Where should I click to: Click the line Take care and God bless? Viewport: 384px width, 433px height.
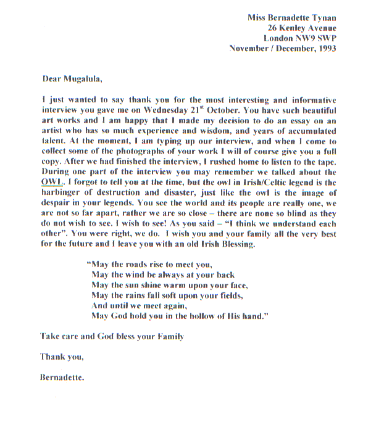point(112,337)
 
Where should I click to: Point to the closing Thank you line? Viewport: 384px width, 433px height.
point(62,357)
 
